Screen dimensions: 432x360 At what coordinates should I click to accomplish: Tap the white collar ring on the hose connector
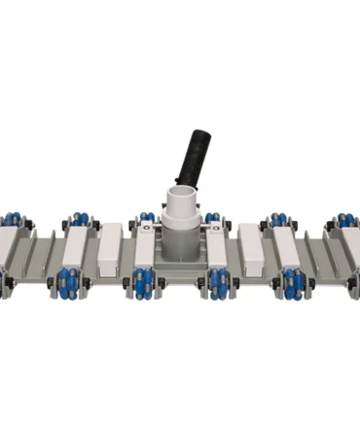(181, 199)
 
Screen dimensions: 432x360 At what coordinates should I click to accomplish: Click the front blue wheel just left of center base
(144, 284)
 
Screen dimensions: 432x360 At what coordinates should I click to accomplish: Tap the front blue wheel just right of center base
(216, 284)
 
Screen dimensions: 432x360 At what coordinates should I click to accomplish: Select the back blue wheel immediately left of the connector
(145, 221)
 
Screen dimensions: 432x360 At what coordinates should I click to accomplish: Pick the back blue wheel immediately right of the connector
(212, 221)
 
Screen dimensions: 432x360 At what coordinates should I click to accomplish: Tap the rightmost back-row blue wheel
(347, 221)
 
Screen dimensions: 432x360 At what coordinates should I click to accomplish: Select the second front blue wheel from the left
(71, 284)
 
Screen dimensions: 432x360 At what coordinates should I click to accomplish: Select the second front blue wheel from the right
(290, 284)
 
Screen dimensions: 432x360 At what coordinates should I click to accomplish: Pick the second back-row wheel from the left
(79, 221)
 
